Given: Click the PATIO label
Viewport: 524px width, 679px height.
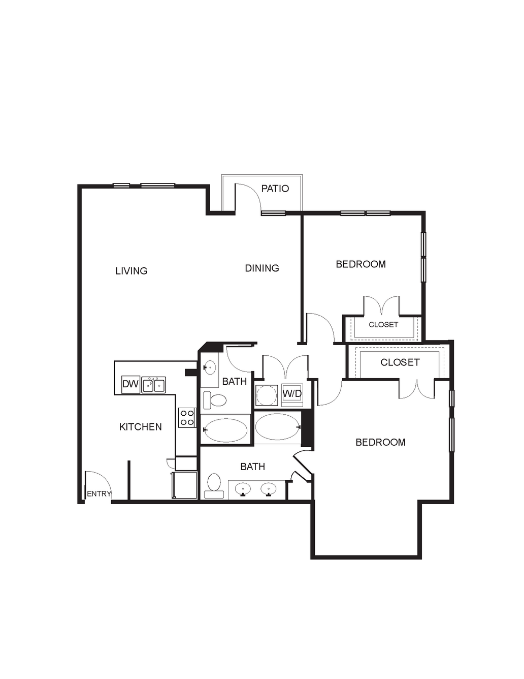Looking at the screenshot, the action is point(275,189).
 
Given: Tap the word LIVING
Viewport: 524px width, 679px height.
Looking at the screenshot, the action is point(132,270).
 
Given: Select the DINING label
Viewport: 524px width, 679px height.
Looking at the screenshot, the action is point(262,268).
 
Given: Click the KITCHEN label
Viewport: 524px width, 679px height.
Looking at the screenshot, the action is point(141,426).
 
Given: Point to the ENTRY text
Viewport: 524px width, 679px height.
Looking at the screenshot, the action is point(99,493).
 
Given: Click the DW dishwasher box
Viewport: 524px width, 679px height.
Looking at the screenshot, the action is point(130,384).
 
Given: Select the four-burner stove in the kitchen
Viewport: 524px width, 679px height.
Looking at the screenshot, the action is point(187,417).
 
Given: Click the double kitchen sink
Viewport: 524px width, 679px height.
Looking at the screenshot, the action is point(153,385).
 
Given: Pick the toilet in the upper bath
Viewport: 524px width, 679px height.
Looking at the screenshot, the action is point(215,400).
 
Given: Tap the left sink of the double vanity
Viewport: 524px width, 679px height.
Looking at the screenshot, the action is point(242,489).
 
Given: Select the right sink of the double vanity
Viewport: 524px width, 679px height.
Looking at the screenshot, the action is point(269,489).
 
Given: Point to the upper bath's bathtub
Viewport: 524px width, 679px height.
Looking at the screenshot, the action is point(225,430).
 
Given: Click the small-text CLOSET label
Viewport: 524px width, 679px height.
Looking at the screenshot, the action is point(383,325).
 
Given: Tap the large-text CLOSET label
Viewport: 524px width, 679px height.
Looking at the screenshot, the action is point(400,362).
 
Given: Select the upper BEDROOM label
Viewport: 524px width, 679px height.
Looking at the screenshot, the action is point(361,264).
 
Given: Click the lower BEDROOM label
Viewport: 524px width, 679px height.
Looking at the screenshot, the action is point(380,442).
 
